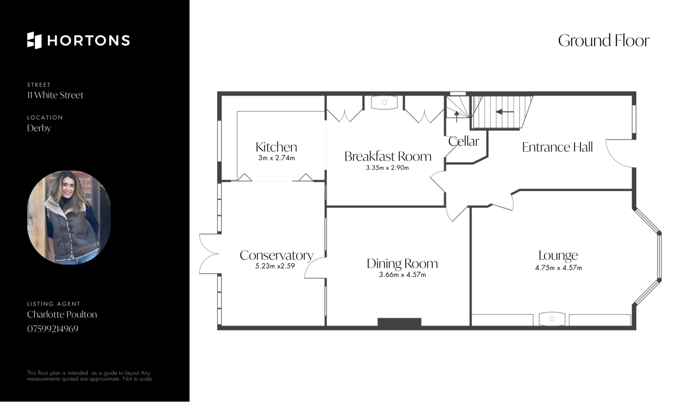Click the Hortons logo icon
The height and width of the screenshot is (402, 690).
tap(34, 40)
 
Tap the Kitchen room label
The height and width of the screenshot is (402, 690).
tap(276, 147)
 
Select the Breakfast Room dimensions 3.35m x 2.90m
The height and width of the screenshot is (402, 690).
tap(387, 168)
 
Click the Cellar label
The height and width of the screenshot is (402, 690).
tap(464, 141)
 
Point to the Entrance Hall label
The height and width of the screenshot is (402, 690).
tap(557, 147)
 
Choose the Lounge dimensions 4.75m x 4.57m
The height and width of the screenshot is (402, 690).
tap(558, 268)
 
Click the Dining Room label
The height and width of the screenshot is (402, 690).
tap(402, 264)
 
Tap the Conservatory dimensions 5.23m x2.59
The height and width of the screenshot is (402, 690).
tap(275, 266)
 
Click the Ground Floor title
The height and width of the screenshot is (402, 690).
tap(604, 41)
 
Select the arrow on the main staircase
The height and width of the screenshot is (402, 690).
tap(505, 112)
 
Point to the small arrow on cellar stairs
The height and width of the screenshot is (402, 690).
tap(457, 116)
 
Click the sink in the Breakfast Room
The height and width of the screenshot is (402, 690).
tap(384, 102)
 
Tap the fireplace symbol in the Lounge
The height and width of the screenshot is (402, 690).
tap(552, 319)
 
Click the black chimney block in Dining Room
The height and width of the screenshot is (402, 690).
tap(399, 322)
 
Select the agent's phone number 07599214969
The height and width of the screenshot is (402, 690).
tap(53, 329)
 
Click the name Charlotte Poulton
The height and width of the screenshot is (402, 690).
tap(62, 314)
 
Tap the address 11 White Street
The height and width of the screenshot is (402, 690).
tap(55, 95)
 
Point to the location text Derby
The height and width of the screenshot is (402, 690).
tap(39, 128)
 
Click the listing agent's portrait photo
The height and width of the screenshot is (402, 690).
tap(69, 218)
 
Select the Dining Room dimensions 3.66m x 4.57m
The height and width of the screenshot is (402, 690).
tap(402, 275)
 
